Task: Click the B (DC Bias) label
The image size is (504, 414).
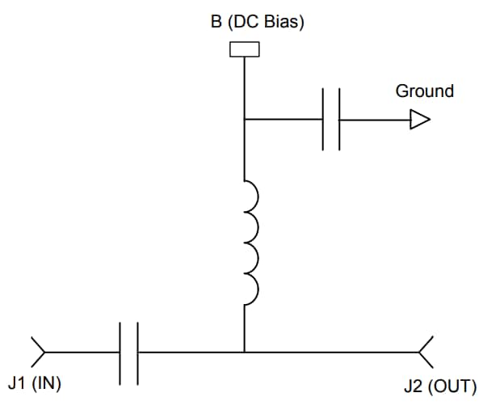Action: click(257, 22)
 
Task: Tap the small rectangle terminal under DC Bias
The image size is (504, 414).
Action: click(244, 49)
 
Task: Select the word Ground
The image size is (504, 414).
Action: click(424, 91)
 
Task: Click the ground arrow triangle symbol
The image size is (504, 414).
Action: click(420, 120)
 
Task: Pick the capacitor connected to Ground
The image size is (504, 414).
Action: click(330, 120)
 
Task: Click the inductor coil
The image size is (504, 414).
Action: click(250, 239)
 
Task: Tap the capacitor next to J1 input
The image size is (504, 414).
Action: click(129, 352)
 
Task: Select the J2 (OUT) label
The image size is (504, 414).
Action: click(439, 387)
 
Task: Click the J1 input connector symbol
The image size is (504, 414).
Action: click(37, 352)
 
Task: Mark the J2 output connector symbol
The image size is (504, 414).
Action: click(426, 352)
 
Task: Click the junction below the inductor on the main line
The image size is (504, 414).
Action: click(244, 352)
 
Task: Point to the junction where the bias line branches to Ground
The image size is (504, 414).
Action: click(244, 120)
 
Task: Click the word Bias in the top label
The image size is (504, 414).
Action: click(283, 22)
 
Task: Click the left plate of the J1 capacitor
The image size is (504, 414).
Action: click(121, 352)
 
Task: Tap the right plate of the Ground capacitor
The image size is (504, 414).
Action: click(338, 120)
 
